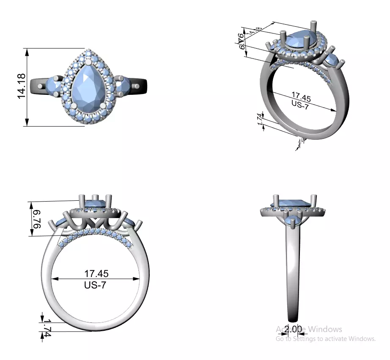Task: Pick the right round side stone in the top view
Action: (x=123, y=86)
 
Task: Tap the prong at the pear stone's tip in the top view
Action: (x=88, y=62)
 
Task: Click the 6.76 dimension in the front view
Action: (x=36, y=219)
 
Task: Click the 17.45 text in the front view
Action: (x=96, y=274)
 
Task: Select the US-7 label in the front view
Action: (x=95, y=285)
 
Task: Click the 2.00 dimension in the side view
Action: (x=293, y=329)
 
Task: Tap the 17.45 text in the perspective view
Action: (x=301, y=98)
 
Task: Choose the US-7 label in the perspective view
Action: (x=300, y=105)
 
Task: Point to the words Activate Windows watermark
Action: (x=309, y=329)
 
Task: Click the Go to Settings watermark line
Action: (x=326, y=339)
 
